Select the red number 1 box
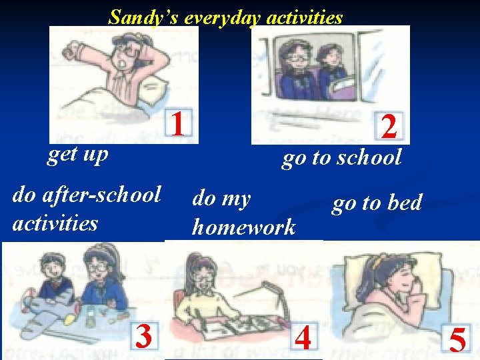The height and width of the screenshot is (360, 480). pyautogui.click(x=178, y=123)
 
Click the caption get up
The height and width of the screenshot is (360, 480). pyautogui.click(x=77, y=155)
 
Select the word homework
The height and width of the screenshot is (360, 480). pyautogui.click(x=243, y=227)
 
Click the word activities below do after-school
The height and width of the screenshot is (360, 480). pyautogui.click(x=55, y=222)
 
